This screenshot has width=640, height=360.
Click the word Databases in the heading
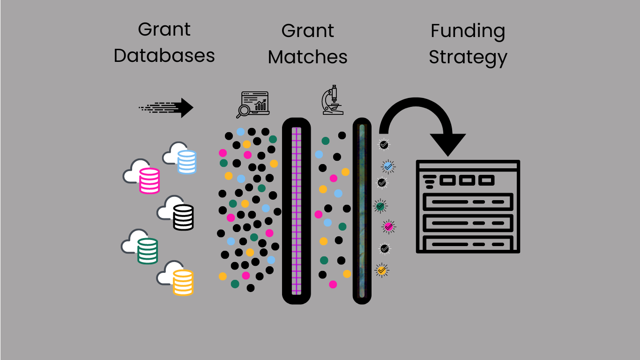(164, 56)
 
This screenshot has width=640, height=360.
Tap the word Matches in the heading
(308, 57)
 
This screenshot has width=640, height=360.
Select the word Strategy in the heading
(468, 58)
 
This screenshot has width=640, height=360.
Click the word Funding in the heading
(468, 31)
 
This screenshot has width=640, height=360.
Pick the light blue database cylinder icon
(186, 162)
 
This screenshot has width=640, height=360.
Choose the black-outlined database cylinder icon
(183, 217)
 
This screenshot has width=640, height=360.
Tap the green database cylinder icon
(148, 251)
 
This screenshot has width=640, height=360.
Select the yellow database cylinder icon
(183, 283)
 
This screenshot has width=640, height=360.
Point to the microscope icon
(332, 100)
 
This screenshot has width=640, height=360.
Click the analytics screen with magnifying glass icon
(253, 104)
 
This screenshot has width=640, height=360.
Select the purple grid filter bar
(296, 210)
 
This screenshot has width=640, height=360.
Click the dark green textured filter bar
(362, 210)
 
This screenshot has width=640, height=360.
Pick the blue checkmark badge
(388, 166)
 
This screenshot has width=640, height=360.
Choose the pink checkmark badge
(388, 227)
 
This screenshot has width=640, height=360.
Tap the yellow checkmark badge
(382, 270)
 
